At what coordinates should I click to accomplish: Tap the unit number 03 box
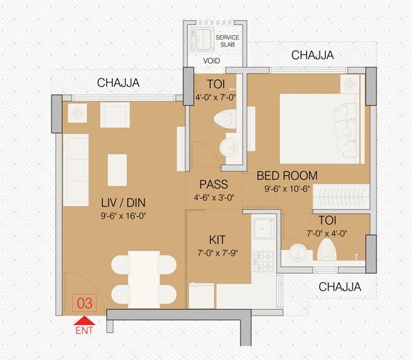pos(85,303)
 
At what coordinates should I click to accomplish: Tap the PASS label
pos(214,185)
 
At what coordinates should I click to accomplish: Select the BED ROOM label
pos(287,176)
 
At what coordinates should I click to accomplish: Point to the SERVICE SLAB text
pos(227,40)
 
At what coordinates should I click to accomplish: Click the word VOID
pos(211,60)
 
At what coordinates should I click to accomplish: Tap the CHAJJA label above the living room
pos(119,83)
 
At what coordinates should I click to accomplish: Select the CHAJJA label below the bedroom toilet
pos(340,286)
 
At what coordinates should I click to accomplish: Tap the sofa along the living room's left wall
pos(75,170)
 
